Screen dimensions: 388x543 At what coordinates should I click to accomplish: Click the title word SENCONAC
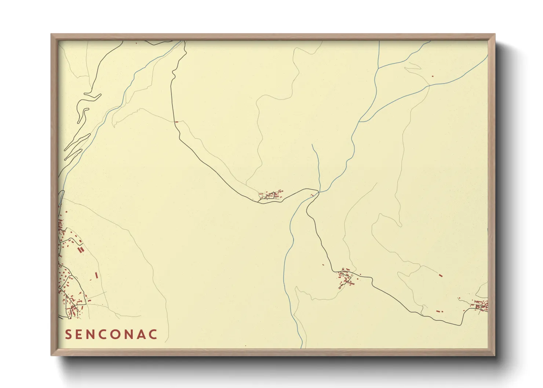111,334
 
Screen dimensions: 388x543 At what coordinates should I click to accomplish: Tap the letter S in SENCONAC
68,334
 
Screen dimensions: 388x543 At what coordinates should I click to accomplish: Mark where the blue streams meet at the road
318,192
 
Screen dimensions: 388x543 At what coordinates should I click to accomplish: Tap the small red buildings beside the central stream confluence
312,195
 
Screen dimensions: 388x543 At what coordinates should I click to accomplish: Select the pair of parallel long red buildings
81,249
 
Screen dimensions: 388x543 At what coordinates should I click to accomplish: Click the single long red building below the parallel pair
96,275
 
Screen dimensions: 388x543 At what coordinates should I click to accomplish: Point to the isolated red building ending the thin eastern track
441,275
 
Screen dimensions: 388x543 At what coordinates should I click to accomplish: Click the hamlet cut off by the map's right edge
481,305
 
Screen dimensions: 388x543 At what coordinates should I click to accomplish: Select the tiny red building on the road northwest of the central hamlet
177,122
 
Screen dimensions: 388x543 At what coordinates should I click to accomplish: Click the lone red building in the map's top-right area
433,76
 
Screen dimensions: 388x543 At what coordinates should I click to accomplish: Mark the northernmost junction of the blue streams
379,68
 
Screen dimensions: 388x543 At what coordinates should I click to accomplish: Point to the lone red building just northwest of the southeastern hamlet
323,265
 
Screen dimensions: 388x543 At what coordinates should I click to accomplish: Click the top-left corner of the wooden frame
51,34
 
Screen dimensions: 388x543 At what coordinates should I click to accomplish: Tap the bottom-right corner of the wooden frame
495,355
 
